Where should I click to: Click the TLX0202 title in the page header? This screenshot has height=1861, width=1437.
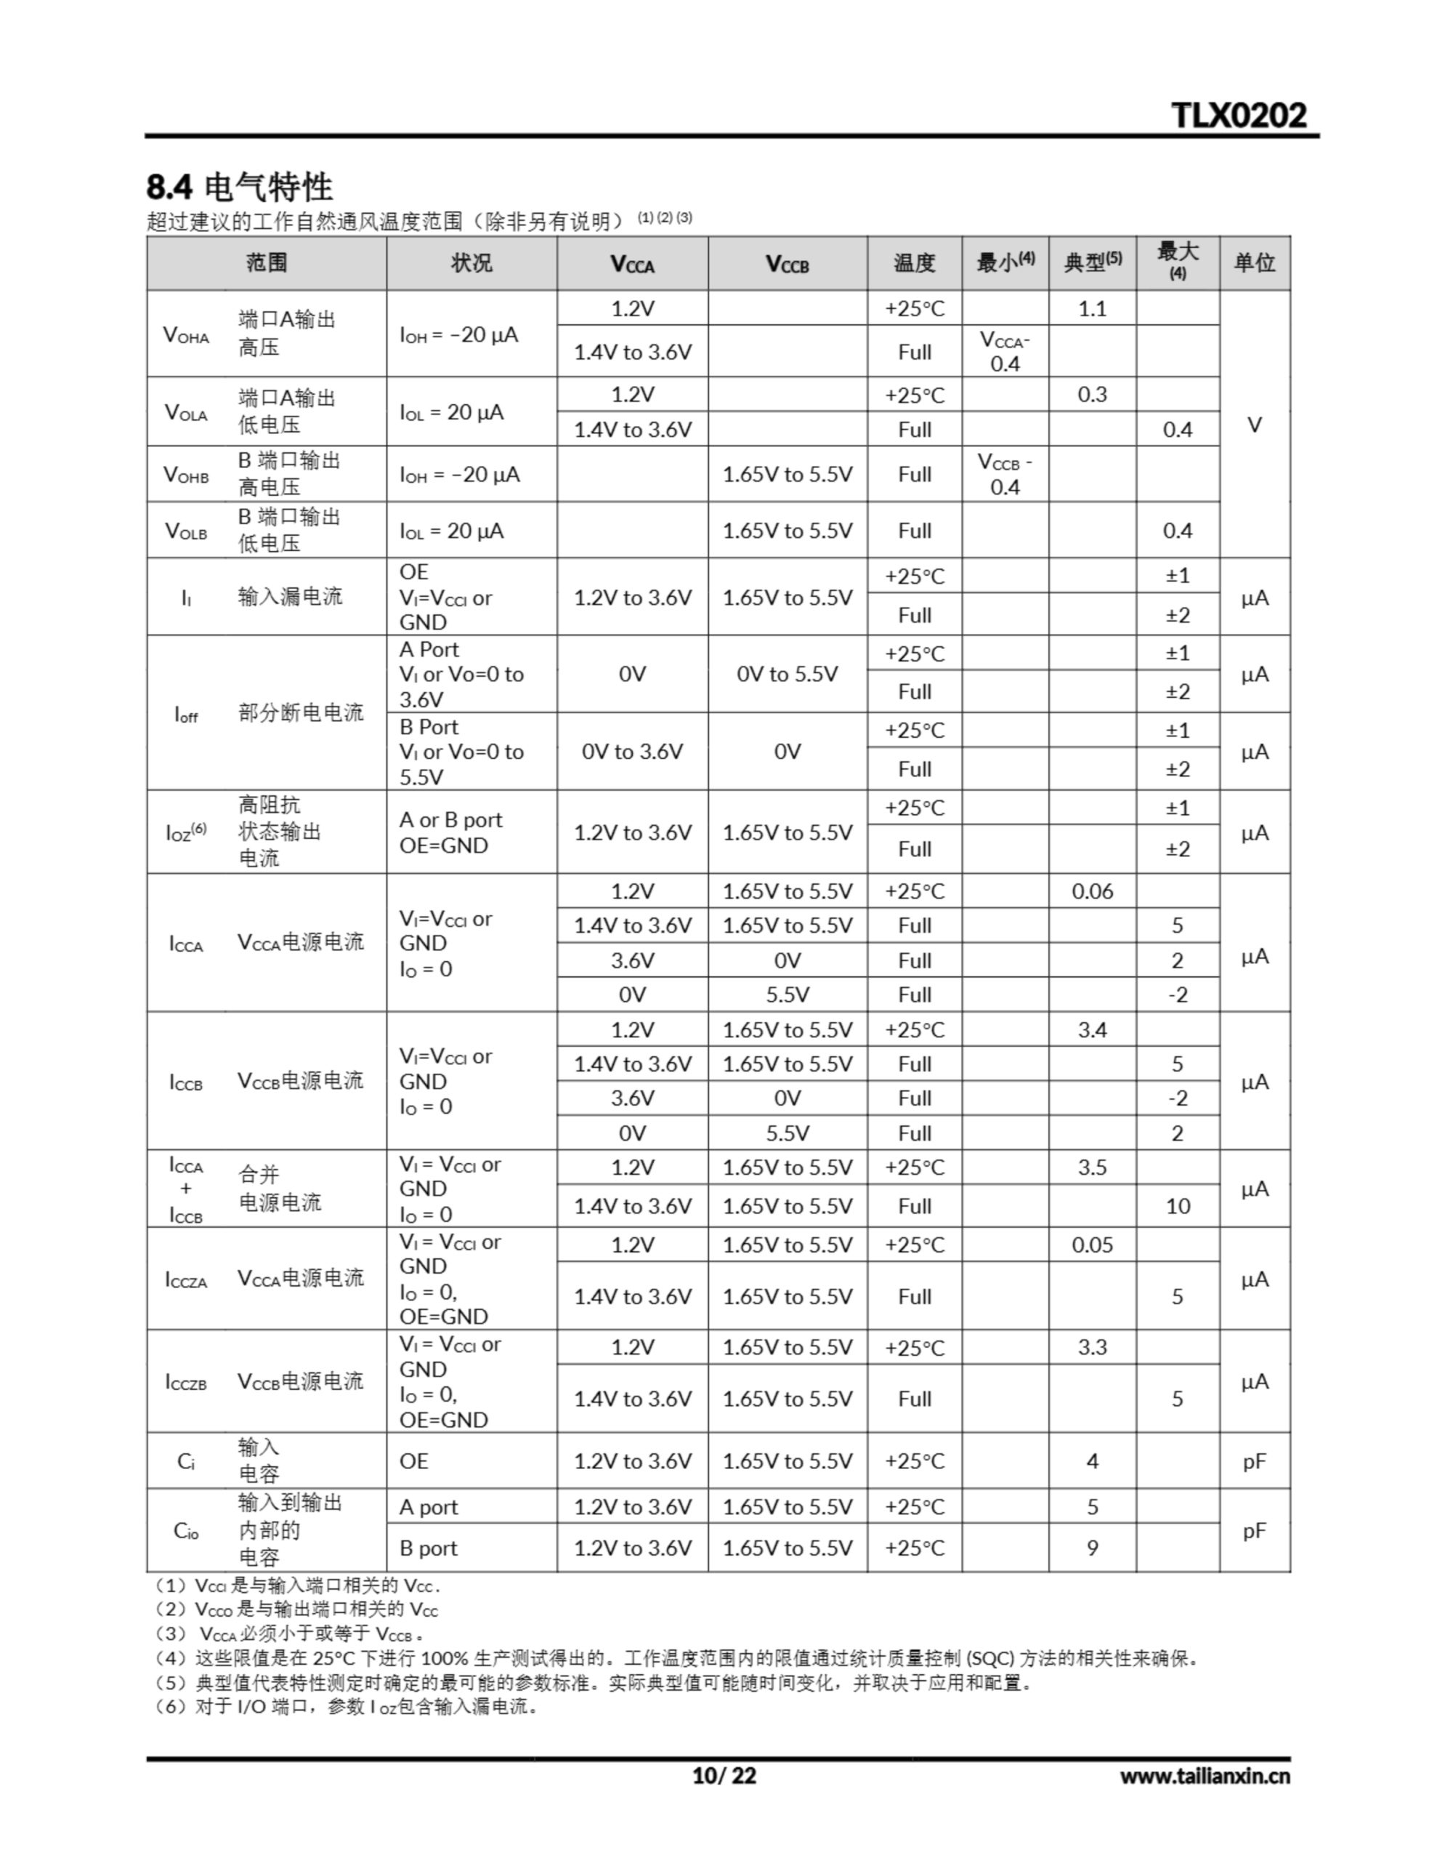pyautogui.click(x=1238, y=115)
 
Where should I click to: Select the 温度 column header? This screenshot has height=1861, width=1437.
pyautogui.click(x=914, y=262)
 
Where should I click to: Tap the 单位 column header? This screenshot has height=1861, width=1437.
pyautogui.click(x=1254, y=262)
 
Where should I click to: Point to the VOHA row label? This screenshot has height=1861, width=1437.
pyautogui.click(x=187, y=335)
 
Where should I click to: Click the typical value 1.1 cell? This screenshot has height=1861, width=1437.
pyautogui.click(x=1092, y=308)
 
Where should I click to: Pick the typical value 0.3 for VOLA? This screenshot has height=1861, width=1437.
pyautogui.click(x=1092, y=395)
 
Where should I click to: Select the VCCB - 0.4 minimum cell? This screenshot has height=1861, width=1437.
pyautogui.click(x=1005, y=474)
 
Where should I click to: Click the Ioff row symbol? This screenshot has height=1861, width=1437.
pyautogui.click(x=186, y=714)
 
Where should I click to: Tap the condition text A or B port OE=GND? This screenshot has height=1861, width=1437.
pyautogui.click(x=450, y=832)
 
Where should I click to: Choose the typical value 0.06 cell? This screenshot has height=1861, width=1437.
pyautogui.click(x=1092, y=891)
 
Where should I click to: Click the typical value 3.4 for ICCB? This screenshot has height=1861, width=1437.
pyautogui.click(x=1092, y=1029)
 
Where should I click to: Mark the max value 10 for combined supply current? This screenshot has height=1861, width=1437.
pyautogui.click(x=1177, y=1206)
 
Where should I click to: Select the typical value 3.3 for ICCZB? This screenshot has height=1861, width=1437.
pyautogui.click(x=1092, y=1347)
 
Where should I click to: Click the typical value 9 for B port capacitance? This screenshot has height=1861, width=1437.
pyautogui.click(x=1092, y=1548)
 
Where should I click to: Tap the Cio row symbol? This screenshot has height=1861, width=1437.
pyautogui.click(x=186, y=1531)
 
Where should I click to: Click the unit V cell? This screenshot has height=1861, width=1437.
pyautogui.click(x=1254, y=425)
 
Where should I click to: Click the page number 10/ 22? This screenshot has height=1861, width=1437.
pyautogui.click(x=724, y=1775)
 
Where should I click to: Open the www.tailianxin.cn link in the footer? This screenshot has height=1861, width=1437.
pyautogui.click(x=1205, y=1776)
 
